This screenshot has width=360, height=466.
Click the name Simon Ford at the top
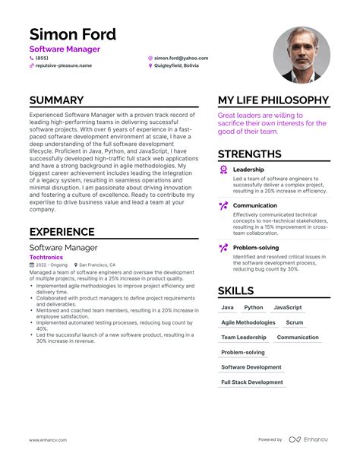click(73, 34)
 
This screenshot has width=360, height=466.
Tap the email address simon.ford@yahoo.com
click(181, 58)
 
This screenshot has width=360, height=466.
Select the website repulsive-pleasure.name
click(64, 66)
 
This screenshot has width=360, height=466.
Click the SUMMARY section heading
click(57, 100)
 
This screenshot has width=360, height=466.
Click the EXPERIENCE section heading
click(62, 232)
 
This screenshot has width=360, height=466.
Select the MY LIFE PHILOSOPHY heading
click(273, 100)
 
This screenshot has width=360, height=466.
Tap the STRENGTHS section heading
click(254, 154)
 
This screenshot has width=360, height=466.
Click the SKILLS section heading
click(236, 290)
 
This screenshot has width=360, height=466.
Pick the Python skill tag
click(254, 308)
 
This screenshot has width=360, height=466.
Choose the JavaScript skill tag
click(288, 308)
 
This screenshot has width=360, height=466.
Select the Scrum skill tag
click(294, 322)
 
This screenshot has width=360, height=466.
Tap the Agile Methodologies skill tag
click(248, 322)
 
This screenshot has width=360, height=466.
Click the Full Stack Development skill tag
click(252, 382)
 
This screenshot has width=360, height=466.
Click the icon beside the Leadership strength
click(223, 170)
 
